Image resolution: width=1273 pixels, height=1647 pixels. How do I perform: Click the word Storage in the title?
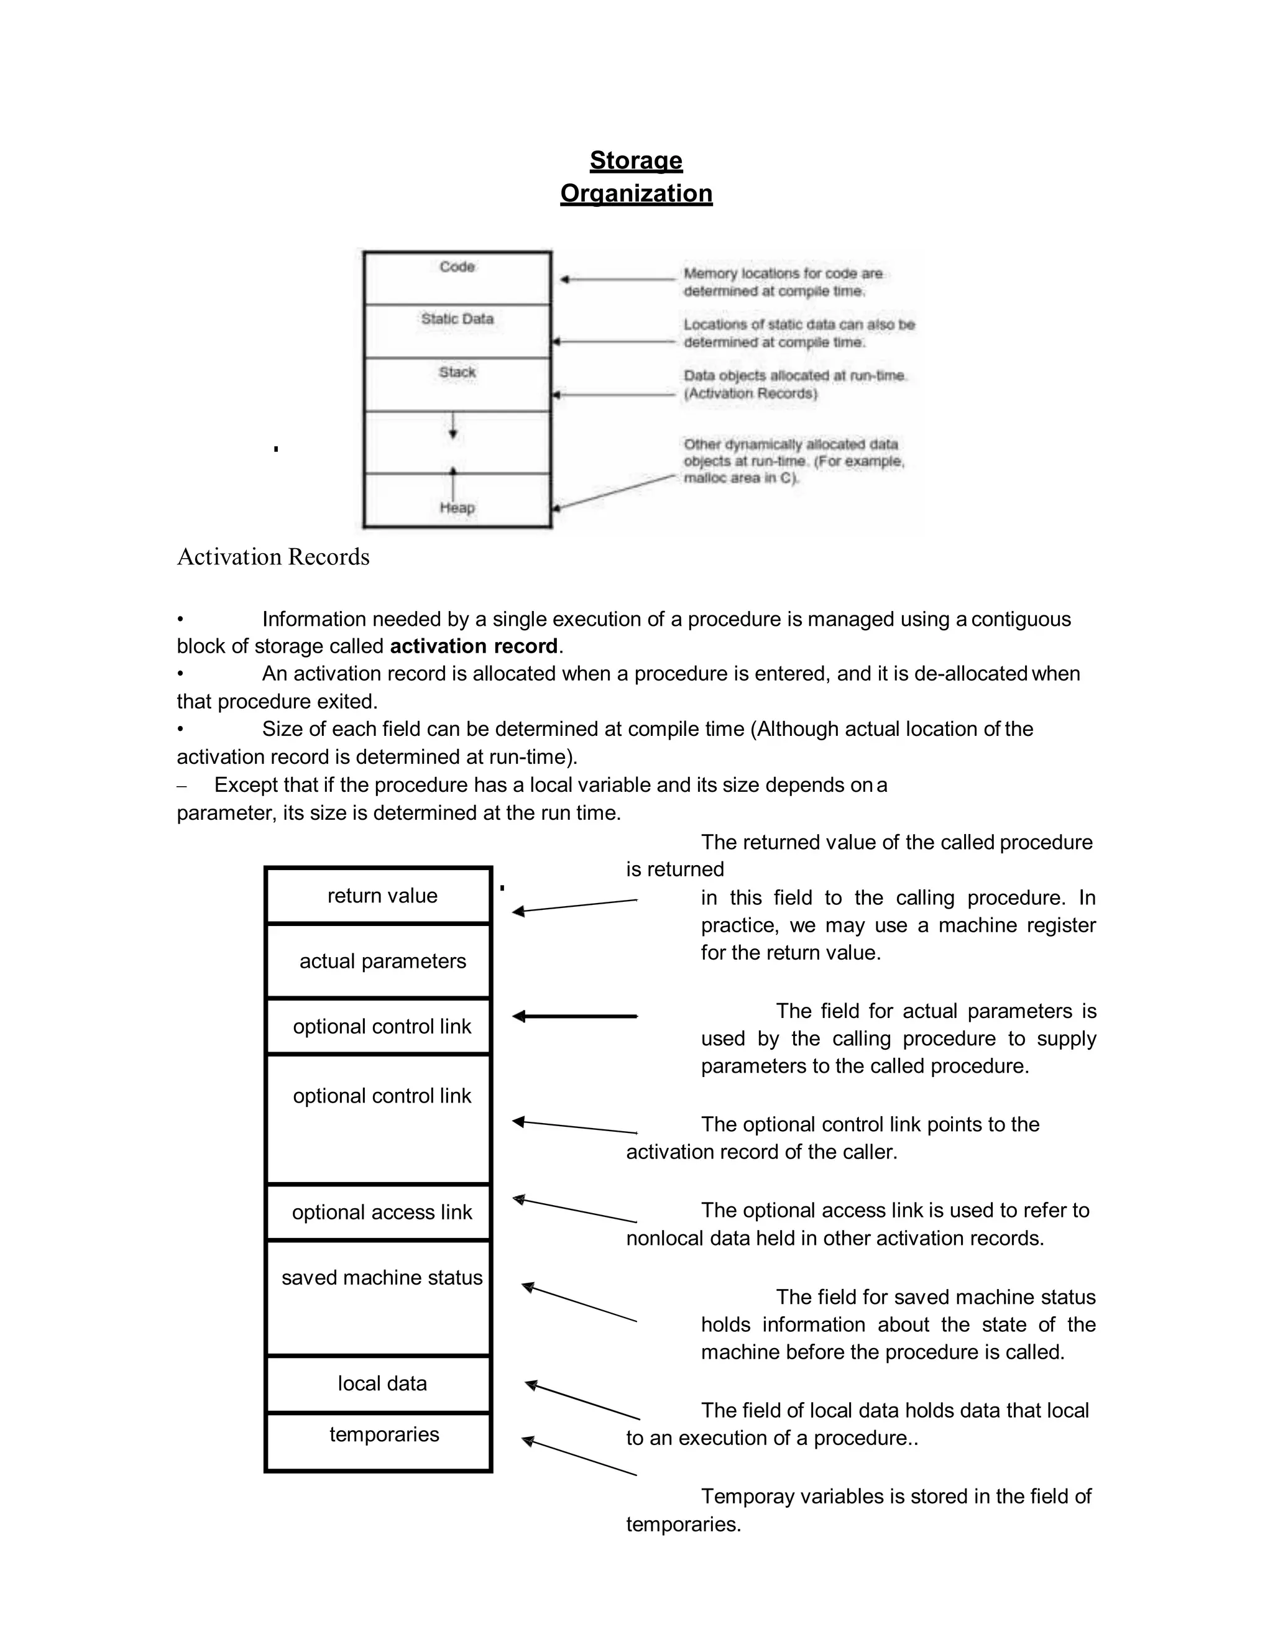[636, 160]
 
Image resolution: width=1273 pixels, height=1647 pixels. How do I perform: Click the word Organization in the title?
[636, 194]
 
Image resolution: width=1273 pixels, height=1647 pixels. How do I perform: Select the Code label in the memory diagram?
[457, 267]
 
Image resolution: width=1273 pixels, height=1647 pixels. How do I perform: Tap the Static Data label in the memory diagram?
[457, 319]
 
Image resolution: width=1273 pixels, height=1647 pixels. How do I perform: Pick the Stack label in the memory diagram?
[457, 372]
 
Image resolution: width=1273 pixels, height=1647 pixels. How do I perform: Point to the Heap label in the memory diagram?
[457, 508]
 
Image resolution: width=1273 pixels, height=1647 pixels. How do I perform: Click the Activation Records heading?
[273, 557]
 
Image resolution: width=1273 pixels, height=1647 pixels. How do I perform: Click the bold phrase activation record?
[474, 646]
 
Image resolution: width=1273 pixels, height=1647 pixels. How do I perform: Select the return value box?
[382, 896]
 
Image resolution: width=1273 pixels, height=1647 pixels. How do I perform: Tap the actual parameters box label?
[382, 961]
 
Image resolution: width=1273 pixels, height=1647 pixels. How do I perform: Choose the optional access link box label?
[382, 1213]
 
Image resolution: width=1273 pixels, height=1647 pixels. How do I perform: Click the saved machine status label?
[382, 1278]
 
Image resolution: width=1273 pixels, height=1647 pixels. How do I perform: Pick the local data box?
[382, 1384]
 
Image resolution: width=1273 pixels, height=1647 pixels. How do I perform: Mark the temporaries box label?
[384, 1434]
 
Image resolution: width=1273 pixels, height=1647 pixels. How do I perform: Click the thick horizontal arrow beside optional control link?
[575, 1017]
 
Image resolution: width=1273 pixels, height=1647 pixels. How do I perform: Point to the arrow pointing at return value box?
[575, 906]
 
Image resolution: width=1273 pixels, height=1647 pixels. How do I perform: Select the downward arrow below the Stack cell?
[453, 426]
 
